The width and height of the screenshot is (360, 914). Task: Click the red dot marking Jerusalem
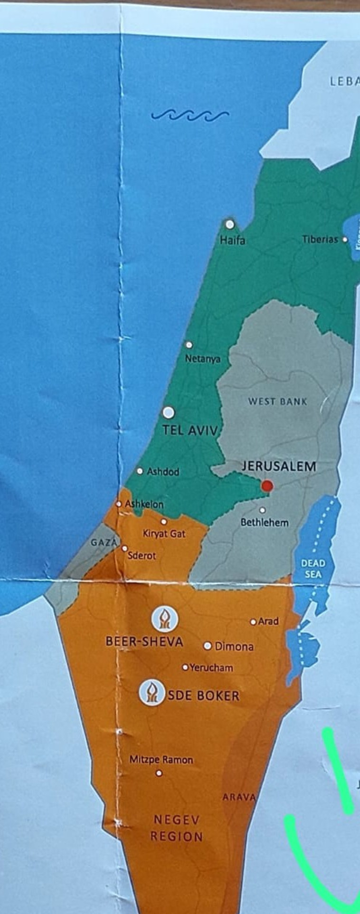[267, 486]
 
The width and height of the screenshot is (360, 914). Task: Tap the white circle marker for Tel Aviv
[168, 412]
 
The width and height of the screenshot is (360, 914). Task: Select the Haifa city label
[233, 240]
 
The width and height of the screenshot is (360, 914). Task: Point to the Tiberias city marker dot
[345, 239]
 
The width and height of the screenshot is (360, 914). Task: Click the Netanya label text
[203, 359]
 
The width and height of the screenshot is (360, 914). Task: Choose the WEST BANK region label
[277, 401]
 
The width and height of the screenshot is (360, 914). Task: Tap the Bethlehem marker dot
[262, 510]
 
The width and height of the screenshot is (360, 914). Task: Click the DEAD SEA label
[313, 569]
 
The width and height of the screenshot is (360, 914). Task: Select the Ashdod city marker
[140, 471]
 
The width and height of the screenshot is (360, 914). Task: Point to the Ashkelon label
[144, 504]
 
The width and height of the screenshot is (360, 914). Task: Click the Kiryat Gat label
[164, 533]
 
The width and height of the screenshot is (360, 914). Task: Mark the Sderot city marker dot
[124, 548]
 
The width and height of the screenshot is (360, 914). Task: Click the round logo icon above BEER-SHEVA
[164, 619]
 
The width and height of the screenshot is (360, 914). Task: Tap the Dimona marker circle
[208, 646]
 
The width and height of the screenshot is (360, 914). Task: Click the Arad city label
[268, 621]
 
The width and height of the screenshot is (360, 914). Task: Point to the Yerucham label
[211, 667]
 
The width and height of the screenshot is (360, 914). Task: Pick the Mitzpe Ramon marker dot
[159, 773]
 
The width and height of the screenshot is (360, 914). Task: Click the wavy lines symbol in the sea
[190, 115]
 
